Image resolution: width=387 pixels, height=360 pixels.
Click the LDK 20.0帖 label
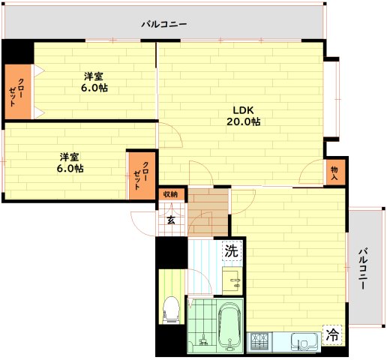click(x=244, y=115)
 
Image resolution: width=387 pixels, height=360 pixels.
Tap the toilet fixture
click(x=171, y=310)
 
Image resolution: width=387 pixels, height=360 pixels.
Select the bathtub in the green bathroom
click(x=230, y=327)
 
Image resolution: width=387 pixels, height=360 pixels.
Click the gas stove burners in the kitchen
click(x=259, y=342)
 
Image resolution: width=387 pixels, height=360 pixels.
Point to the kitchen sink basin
click(x=304, y=342)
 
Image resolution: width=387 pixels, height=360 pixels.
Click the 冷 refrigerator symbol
click(x=332, y=335)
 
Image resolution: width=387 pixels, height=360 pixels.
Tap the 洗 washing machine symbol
click(x=232, y=251)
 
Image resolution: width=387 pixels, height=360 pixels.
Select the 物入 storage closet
click(x=335, y=172)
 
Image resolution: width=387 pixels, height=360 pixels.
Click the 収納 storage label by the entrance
click(x=171, y=194)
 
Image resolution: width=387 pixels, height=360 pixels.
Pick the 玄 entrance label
click(x=171, y=220)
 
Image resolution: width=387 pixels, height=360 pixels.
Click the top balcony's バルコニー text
click(x=164, y=24)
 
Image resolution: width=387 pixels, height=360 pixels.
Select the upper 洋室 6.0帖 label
click(x=94, y=82)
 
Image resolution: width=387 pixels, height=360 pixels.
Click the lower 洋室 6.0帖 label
click(x=70, y=163)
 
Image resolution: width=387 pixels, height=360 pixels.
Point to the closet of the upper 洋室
click(x=18, y=91)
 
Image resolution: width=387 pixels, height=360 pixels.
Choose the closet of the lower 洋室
click(x=142, y=175)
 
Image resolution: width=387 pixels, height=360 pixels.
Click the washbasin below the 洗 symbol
click(x=232, y=280)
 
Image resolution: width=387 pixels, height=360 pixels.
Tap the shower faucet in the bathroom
click(x=203, y=340)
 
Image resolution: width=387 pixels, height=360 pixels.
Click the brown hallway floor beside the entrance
click(x=208, y=212)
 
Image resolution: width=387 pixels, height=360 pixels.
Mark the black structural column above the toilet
click(x=172, y=253)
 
